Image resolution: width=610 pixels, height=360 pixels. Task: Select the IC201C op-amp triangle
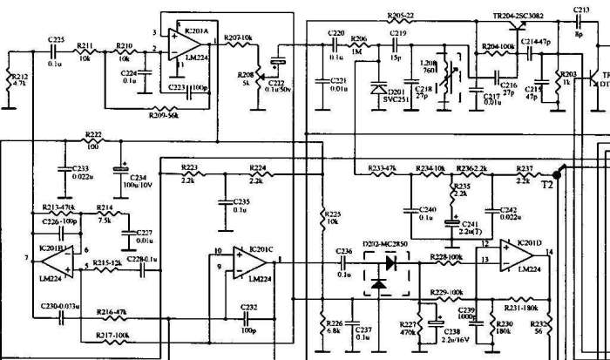point(246,263)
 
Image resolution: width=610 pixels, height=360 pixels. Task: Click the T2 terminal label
point(547,185)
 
